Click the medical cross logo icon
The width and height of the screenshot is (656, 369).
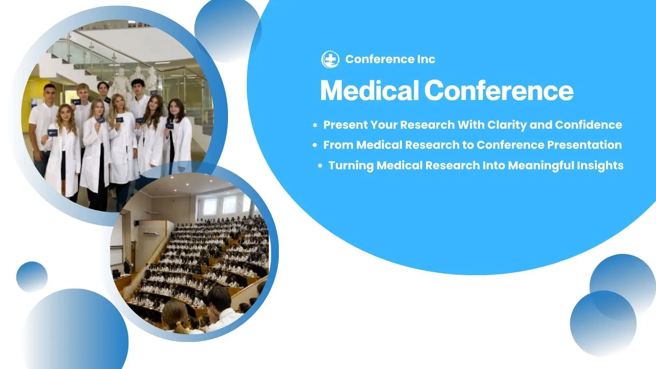point(330,59)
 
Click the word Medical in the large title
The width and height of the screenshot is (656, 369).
point(369,91)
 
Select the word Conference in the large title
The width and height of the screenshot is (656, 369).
point(499,91)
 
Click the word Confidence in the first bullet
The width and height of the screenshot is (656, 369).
point(588,125)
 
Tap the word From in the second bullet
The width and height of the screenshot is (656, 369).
point(338,145)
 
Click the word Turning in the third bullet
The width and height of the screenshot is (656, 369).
point(351,166)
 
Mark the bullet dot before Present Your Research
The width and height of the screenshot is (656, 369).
point(315,125)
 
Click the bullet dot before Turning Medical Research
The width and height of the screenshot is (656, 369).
point(320,166)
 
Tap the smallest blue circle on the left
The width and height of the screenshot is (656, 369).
point(32,277)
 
